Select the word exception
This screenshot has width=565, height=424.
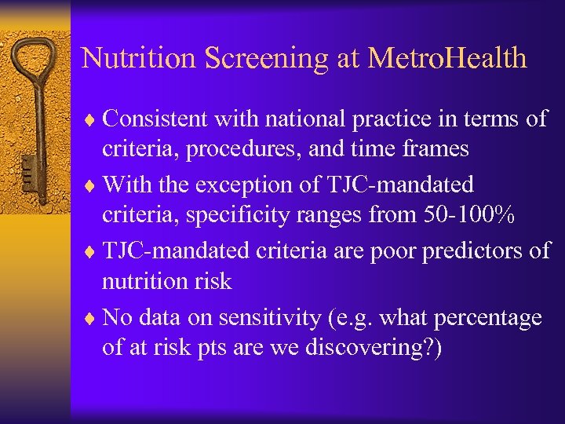277,185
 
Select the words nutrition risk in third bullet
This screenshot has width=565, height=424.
166,281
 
